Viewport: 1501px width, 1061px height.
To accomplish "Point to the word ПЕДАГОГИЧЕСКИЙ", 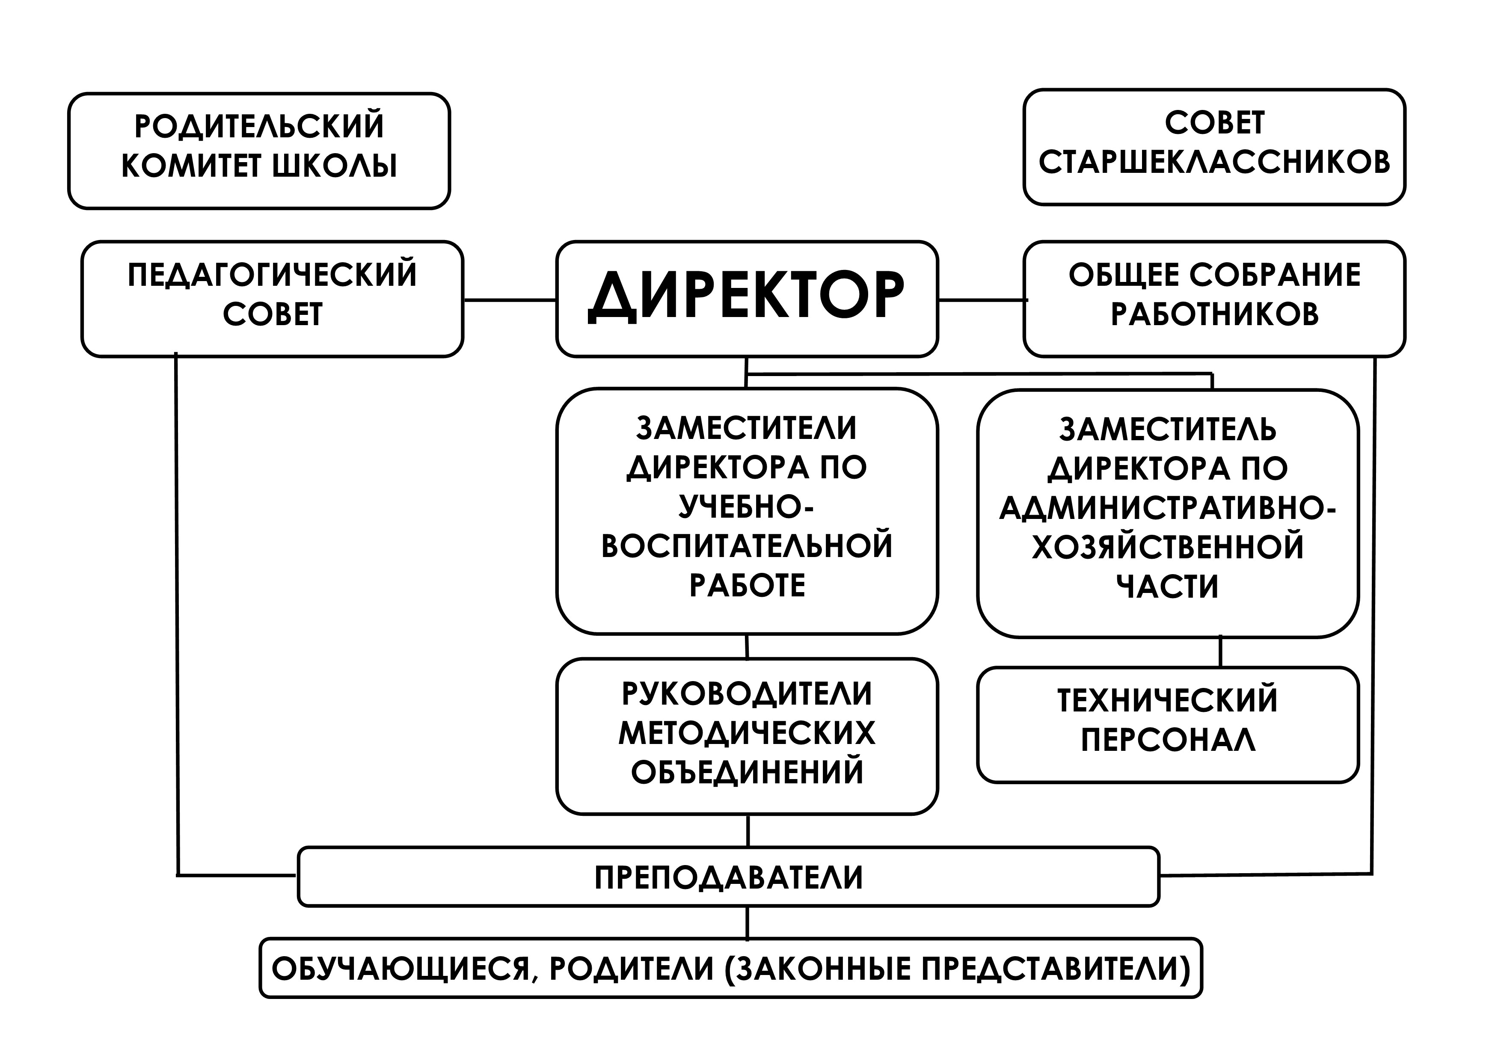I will coord(272,275).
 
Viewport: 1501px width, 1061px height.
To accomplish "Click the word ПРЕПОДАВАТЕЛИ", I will coord(728,877).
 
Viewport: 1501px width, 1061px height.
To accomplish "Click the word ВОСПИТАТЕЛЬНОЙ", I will coord(747,546).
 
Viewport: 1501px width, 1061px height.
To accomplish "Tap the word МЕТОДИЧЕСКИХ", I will coord(747,733).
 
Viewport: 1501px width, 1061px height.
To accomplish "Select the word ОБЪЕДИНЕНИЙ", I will coord(747,772).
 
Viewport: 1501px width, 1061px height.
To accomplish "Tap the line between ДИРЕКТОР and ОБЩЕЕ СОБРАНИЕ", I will coord(981,300).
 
